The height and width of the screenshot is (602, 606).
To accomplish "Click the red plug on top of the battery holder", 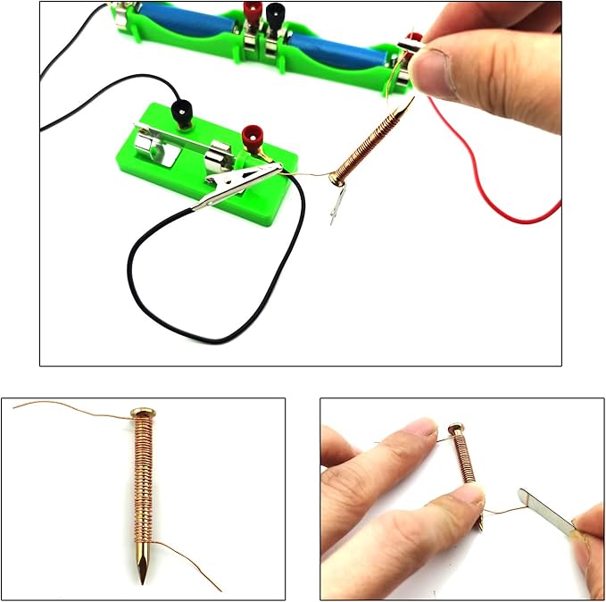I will coord(253,13).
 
